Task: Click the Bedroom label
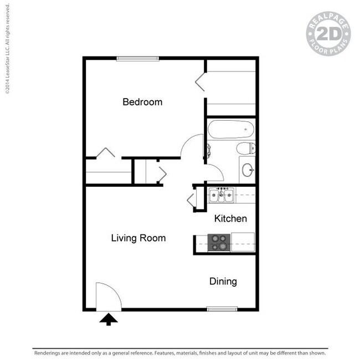point(142,102)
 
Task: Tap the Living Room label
point(138,238)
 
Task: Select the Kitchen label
point(230,218)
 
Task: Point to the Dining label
point(223,281)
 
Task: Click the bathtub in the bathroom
point(231,129)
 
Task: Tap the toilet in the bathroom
point(246,148)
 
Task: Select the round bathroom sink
point(248,169)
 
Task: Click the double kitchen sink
point(222,195)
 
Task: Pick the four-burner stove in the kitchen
point(219,243)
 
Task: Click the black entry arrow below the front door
point(109,320)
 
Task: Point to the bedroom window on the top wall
point(138,59)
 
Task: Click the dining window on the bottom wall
point(222,309)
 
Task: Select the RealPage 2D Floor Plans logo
point(328,34)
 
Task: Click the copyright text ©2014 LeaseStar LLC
point(8,49)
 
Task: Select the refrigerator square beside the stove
point(243,242)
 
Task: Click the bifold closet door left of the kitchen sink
point(191,200)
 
